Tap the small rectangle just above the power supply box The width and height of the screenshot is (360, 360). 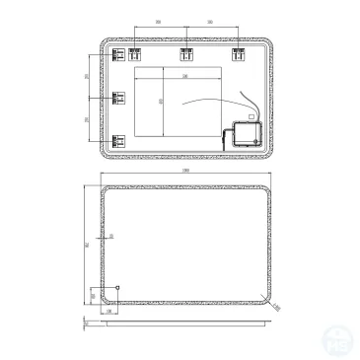pos(250,115)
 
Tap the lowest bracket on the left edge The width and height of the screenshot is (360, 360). pos(120,140)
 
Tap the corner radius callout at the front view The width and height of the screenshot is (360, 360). pos(277,307)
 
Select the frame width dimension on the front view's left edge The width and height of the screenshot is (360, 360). pos(111,237)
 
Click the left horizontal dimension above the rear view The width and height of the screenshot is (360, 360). pos(158,21)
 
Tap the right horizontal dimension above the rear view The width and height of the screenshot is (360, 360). pos(211,21)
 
